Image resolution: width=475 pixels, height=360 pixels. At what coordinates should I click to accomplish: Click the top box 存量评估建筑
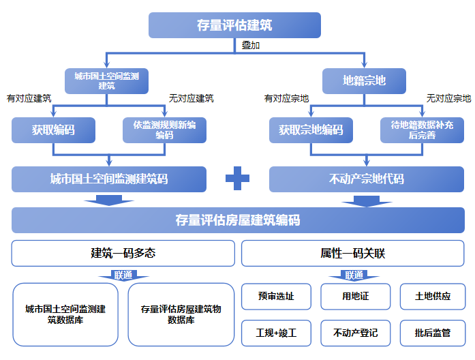pos(234,25)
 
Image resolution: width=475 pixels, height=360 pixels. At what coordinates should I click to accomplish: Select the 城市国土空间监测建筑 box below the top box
pos(106,80)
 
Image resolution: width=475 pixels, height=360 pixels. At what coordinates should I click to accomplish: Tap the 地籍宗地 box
pos(364,80)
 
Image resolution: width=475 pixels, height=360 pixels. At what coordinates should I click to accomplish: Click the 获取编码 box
pos(53,130)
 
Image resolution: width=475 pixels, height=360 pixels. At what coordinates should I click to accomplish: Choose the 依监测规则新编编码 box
pos(164,130)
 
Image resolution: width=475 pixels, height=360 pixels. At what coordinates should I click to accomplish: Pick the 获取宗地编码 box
pos(311,130)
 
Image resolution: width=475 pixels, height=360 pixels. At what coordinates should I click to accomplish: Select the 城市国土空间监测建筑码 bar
pos(109,179)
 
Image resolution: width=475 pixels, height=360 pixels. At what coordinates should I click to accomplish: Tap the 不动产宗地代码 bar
pos(367,179)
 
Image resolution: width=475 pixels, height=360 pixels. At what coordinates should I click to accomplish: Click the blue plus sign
pos(238,179)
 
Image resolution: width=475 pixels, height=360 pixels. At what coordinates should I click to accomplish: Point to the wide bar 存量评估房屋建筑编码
pos(237,220)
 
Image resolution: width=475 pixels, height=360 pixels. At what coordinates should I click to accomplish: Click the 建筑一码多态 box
pos(123,253)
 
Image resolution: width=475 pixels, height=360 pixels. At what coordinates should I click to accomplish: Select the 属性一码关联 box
pos(353,253)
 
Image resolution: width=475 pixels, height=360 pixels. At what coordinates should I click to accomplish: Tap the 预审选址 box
pos(276,297)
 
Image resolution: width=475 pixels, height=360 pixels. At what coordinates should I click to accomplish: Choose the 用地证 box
pos(355,297)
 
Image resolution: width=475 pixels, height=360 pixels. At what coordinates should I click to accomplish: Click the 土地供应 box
pos(433,297)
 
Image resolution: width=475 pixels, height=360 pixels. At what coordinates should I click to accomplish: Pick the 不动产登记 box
pos(355,333)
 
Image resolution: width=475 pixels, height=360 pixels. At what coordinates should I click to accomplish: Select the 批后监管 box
pos(433,333)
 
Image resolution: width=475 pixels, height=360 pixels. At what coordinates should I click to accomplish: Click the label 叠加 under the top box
pos(251,46)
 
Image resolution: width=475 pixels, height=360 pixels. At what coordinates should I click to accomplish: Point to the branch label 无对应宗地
pos(448,99)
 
